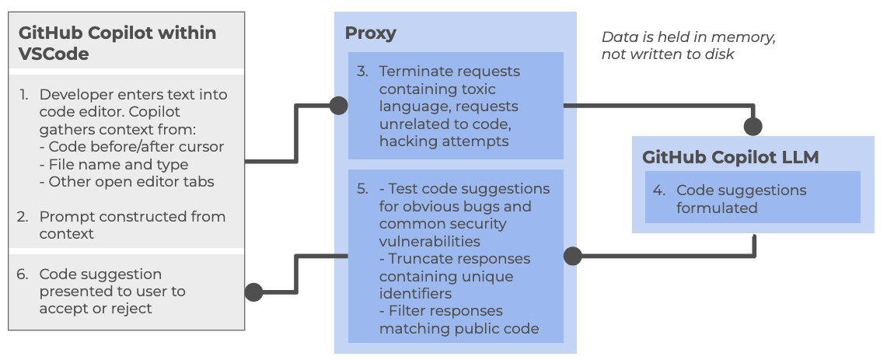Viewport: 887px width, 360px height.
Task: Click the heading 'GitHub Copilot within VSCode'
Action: coord(117,44)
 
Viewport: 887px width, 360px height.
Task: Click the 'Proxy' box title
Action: coord(371,33)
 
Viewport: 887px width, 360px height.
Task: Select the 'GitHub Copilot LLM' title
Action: coord(730,157)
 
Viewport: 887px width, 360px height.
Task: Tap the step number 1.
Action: coord(24,95)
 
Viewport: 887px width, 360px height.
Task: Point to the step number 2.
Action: coord(24,217)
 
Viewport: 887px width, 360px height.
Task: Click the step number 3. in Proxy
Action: coord(362,72)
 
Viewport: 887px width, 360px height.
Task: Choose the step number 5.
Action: coord(362,189)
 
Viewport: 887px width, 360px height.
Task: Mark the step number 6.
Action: coord(24,274)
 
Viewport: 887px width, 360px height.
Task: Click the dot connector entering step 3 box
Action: coord(338,105)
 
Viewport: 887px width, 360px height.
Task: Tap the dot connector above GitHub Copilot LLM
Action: coord(753,126)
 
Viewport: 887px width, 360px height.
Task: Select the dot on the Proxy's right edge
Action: coord(572,255)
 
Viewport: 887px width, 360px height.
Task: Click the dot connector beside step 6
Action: coord(253,292)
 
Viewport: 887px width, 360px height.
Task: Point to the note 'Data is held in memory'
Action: coord(689,37)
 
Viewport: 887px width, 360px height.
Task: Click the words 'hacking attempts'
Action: coord(444,141)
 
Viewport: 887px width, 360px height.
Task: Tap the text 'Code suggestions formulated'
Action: coord(741,199)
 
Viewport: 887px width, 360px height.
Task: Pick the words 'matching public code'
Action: coord(459,328)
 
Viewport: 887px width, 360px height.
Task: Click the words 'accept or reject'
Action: coord(96,309)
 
